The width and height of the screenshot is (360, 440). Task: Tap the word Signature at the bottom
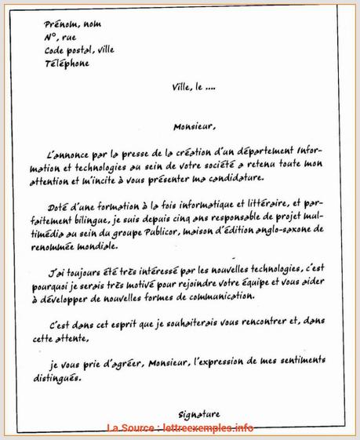[193, 414]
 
